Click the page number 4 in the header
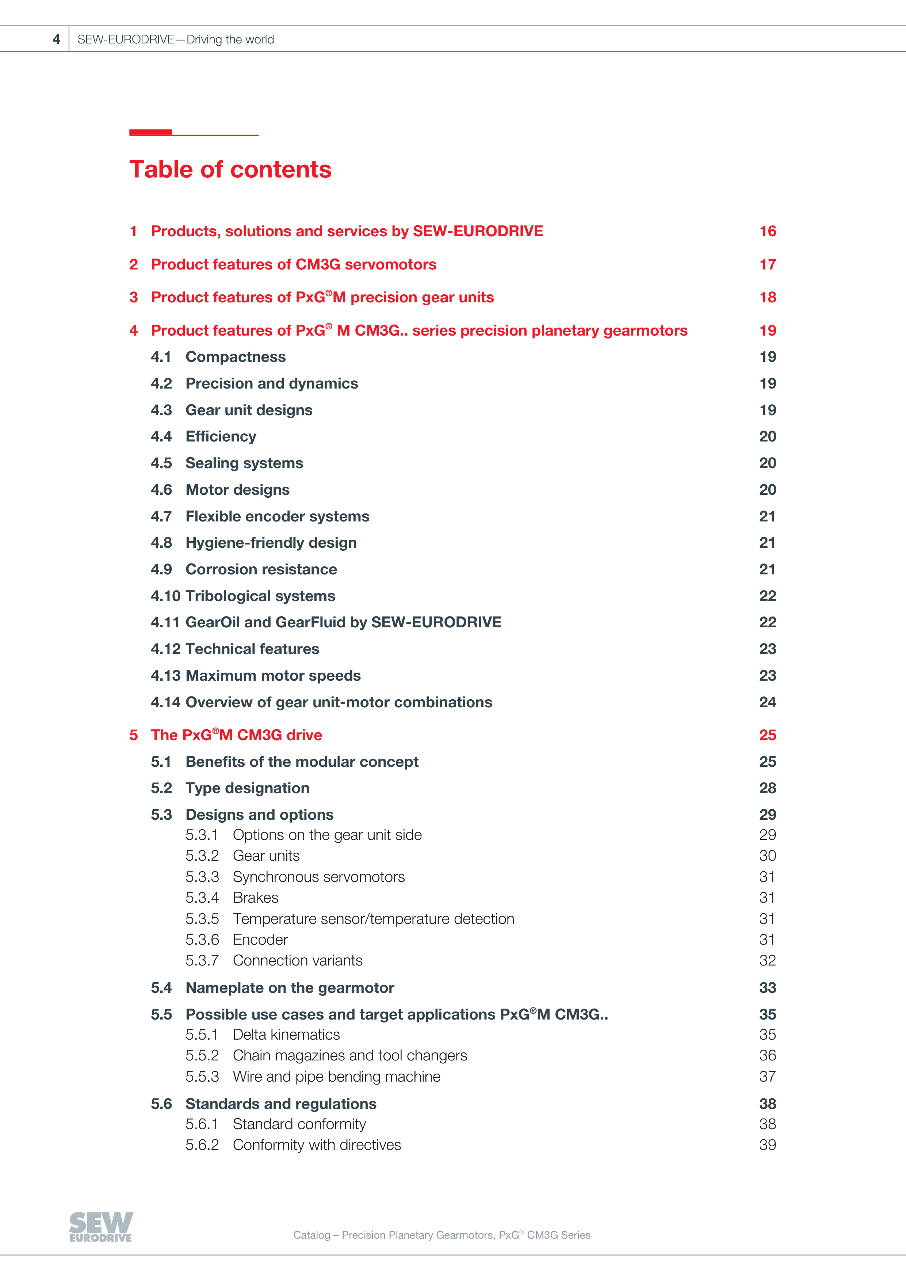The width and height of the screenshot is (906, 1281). pyautogui.click(x=56, y=39)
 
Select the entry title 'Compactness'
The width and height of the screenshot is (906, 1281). pyautogui.click(x=236, y=357)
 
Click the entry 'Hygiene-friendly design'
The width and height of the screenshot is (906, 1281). pyautogui.click(x=271, y=543)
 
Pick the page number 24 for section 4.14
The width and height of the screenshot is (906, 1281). pyautogui.click(x=767, y=703)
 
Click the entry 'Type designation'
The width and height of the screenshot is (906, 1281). pyautogui.click(x=247, y=788)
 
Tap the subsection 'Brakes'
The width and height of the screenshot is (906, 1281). pyautogui.click(x=256, y=898)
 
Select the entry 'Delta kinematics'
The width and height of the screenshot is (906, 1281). pyautogui.click(x=286, y=1035)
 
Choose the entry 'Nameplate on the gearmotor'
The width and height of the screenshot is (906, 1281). pyautogui.click(x=290, y=988)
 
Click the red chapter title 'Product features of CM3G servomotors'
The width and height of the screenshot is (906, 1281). pyautogui.click(x=294, y=264)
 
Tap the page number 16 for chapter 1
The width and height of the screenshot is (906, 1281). pyautogui.click(x=768, y=232)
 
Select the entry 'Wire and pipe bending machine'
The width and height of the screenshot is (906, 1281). pyautogui.click(x=336, y=1077)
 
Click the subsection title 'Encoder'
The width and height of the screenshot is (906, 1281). pyautogui.click(x=260, y=940)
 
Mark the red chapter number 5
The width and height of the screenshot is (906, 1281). pyautogui.click(x=133, y=735)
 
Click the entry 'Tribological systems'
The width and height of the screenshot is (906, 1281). pyautogui.click(x=260, y=596)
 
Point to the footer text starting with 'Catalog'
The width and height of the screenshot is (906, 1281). pyautogui.click(x=441, y=1235)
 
